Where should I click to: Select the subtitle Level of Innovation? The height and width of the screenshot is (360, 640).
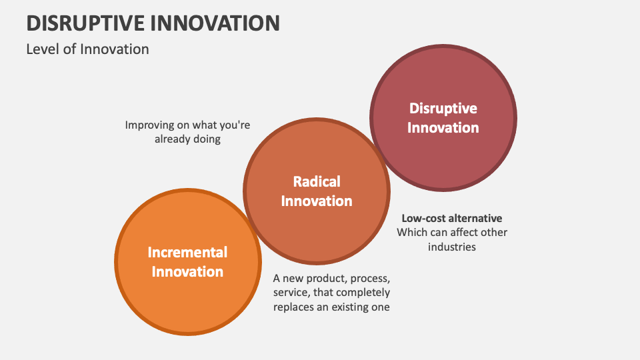point(87,49)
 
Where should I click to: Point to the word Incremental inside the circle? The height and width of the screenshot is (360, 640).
point(187,252)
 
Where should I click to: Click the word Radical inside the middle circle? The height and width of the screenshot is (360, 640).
point(317,181)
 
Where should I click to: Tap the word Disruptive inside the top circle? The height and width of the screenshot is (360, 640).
point(443,108)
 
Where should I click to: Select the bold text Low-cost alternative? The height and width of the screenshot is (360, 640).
point(451,218)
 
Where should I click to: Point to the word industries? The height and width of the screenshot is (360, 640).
point(451,247)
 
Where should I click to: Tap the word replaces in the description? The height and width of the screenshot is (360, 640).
point(295,307)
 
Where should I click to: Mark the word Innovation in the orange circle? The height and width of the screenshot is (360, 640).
point(187,272)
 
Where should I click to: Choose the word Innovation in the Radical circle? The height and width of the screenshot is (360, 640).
point(317,201)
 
